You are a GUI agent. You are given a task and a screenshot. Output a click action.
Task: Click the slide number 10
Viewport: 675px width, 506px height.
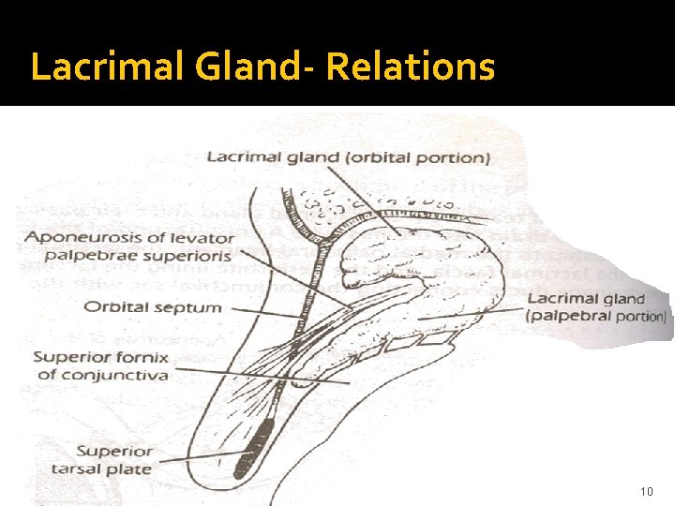(646, 492)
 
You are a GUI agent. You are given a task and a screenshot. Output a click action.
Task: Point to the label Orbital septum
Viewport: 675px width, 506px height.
(152, 306)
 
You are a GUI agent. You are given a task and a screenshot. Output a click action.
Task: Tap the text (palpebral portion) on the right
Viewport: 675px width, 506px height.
(597, 316)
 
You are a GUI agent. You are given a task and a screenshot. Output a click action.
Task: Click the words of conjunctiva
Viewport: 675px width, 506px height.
(103, 375)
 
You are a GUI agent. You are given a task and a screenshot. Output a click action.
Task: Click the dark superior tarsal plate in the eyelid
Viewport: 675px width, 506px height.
(264, 435)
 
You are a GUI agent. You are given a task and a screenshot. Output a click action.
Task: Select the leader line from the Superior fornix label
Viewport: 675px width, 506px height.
(262, 375)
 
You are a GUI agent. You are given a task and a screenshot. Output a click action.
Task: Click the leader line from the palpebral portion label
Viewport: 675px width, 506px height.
(469, 313)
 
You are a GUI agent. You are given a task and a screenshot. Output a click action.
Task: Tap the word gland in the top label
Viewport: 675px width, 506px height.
(310, 157)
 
